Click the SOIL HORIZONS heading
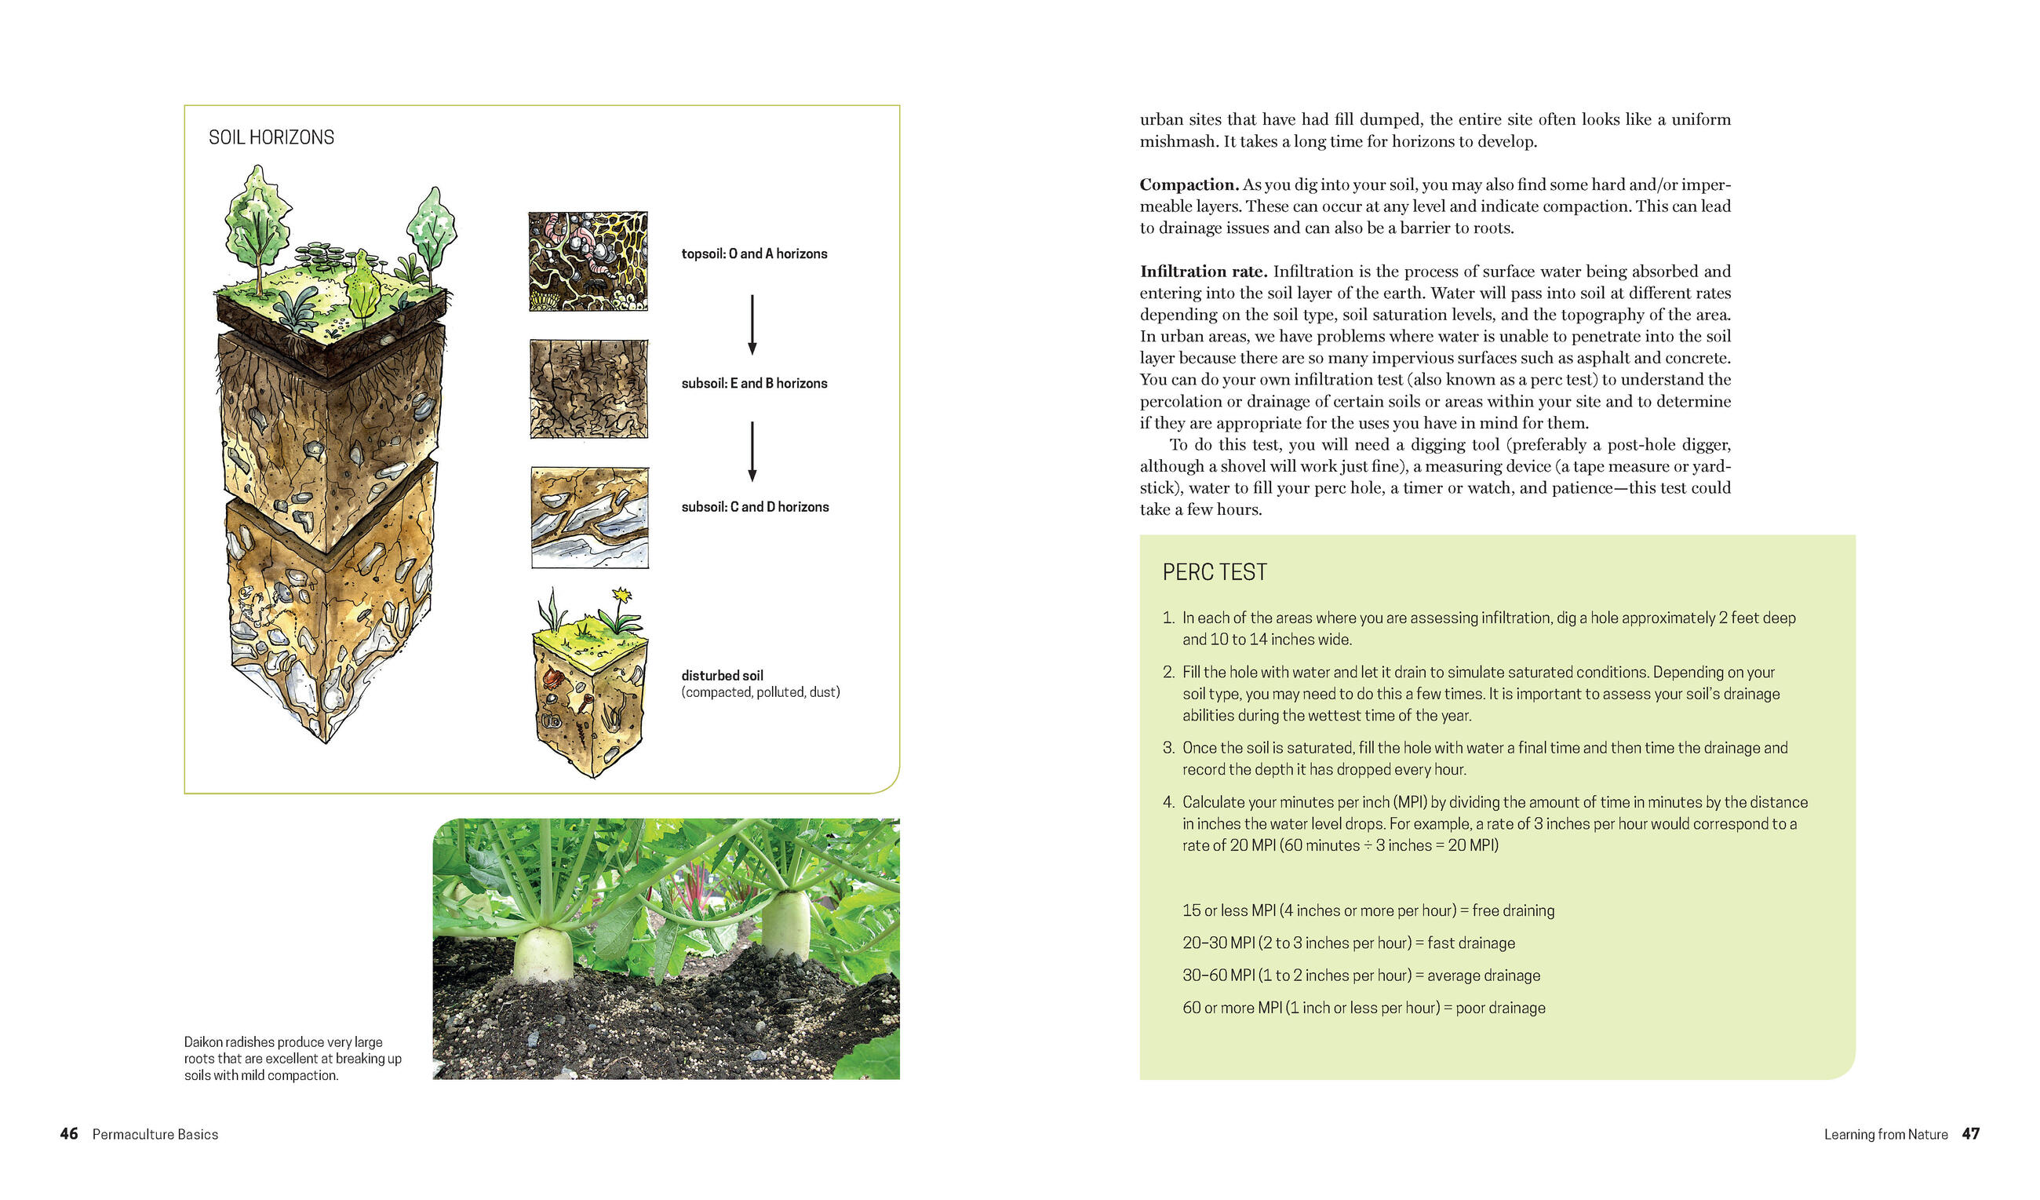[x=271, y=137]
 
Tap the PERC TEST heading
[x=1215, y=572]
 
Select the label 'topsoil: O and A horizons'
[x=754, y=253]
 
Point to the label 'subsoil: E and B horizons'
[x=754, y=383]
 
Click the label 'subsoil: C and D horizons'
[x=755, y=507]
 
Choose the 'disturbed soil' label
[x=722, y=675]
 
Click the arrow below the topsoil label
[x=752, y=324]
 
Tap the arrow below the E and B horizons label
[x=752, y=451]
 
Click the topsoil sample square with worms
[x=588, y=261]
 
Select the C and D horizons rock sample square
[x=589, y=516]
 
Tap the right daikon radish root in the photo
[x=785, y=923]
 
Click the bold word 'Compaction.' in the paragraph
[x=1189, y=184]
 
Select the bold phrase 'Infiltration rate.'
[x=1203, y=272]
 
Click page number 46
[x=69, y=1133]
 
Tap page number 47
[x=1970, y=1133]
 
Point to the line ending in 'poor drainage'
[x=1363, y=1008]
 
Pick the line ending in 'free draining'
[x=1368, y=910]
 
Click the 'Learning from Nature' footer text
[x=1885, y=1134]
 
